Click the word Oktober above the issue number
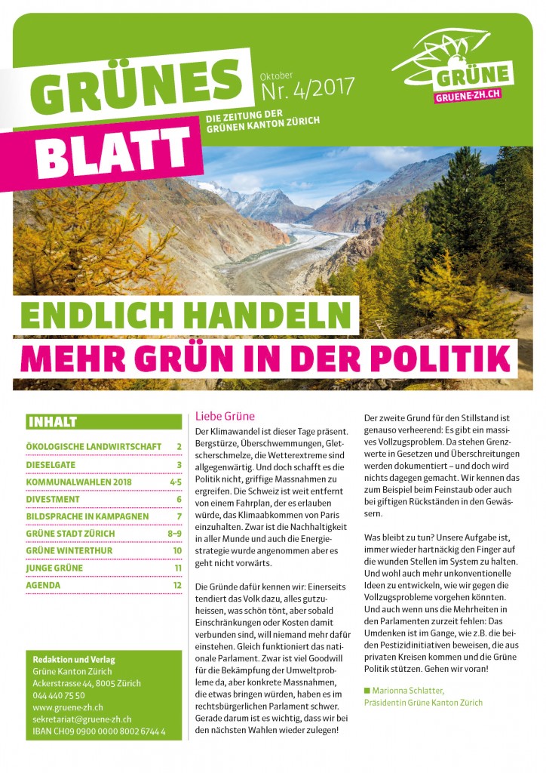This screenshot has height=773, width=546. (x=276, y=75)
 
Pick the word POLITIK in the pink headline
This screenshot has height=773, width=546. (x=452, y=356)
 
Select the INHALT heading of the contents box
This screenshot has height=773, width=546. (x=52, y=422)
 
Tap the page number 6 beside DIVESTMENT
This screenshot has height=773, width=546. (x=179, y=499)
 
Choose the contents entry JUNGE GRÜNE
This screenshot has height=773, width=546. (x=56, y=568)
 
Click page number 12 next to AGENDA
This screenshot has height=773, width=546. (x=177, y=585)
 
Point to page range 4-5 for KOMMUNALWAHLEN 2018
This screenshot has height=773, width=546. (x=175, y=482)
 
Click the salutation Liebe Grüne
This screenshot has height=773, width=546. (x=225, y=416)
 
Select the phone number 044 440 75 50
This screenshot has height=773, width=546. (x=59, y=695)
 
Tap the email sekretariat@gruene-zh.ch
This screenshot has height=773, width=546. (x=82, y=719)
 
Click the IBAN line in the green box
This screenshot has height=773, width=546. (x=99, y=731)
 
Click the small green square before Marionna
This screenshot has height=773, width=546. (x=367, y=690)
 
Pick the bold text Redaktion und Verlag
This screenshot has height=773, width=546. (x=74, y=659)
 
